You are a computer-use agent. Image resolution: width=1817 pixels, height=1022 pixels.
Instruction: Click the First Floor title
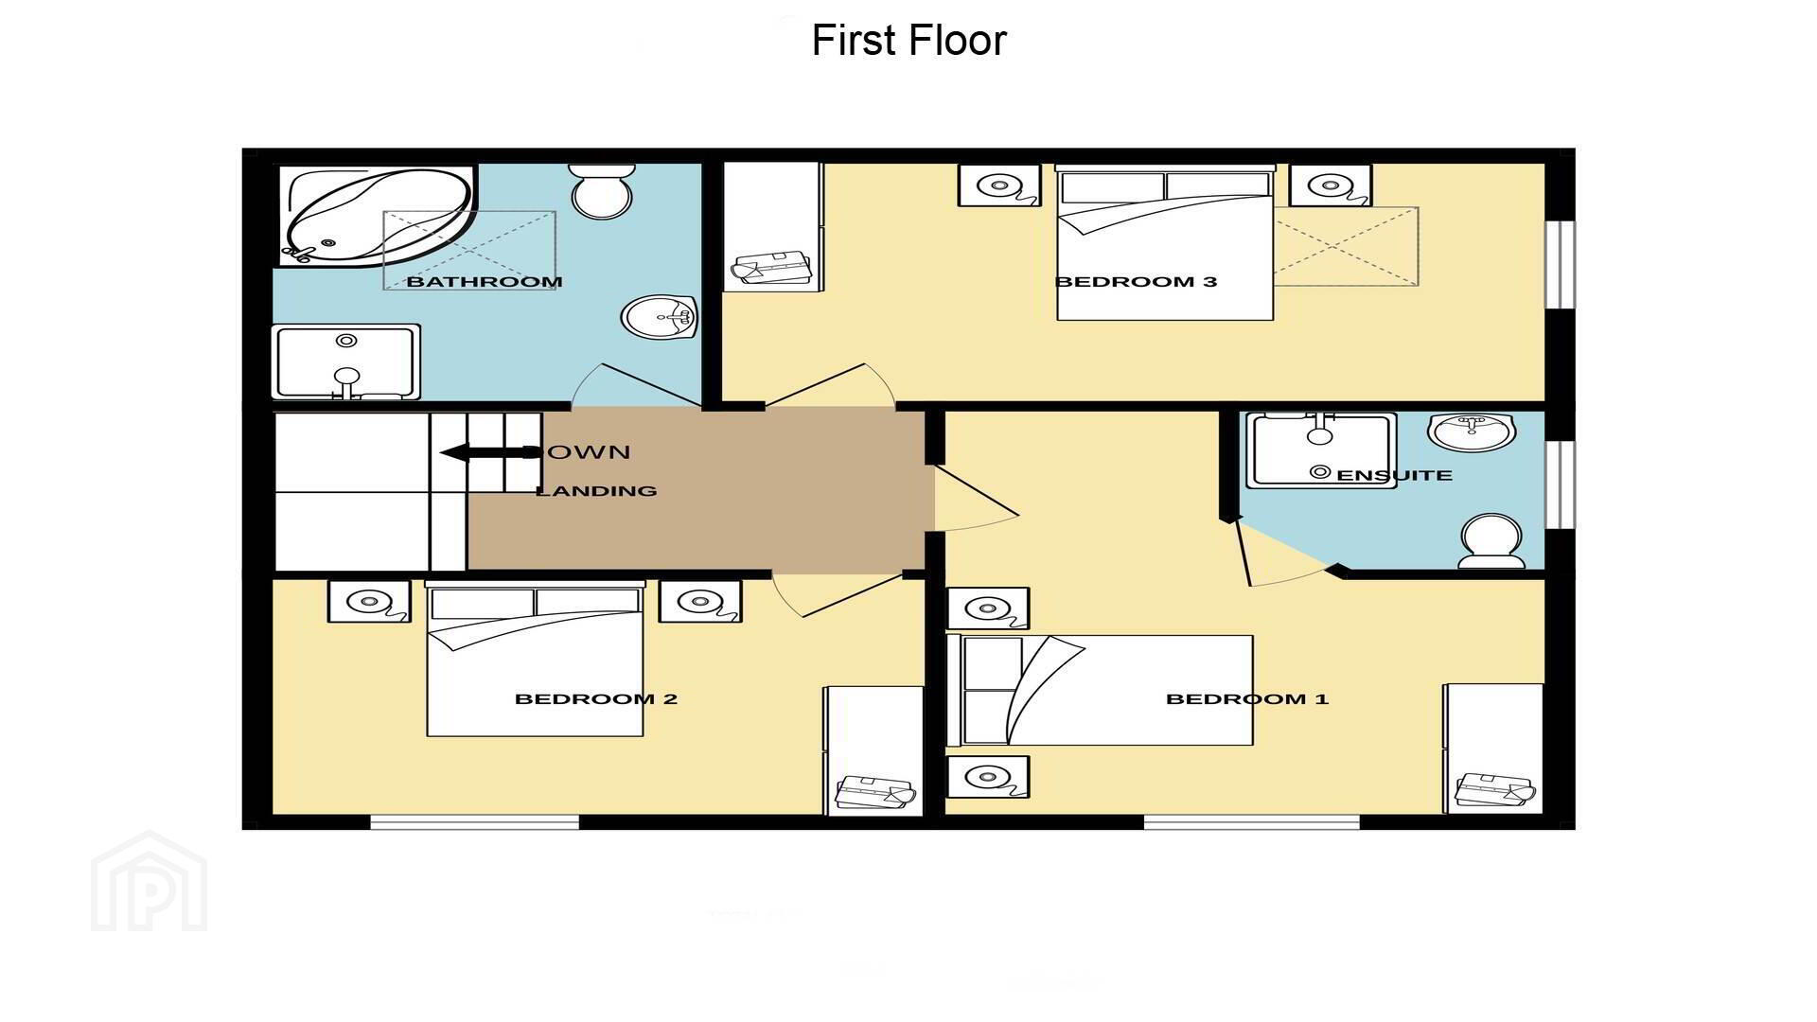pyautogui.click(x=908, y=41)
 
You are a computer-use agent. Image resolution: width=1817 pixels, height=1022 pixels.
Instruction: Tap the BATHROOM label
pyautogui.click(x=485, y=281)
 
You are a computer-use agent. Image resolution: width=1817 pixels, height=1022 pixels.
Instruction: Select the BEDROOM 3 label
pyautogui.click(x=1136, y=281)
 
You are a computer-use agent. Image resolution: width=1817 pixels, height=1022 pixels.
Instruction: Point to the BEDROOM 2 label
pyautogui.click(x=596, y=699)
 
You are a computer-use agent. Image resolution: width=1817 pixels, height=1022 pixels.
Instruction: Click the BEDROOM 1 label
pyautogui.click(x=1247, y=699)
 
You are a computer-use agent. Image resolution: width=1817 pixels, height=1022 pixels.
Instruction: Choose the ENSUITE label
pyautogui.click(x=1394, y=475)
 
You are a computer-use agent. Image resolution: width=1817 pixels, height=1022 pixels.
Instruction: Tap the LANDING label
pyautogui.click(x=596, y=490)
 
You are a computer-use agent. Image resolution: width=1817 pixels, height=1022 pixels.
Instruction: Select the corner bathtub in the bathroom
pyautogui.click(x=377, y=216)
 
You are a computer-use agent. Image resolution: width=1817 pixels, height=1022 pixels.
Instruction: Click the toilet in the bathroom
pyautogui.click(x=602, y=190)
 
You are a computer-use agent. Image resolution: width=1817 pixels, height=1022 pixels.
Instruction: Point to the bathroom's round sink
pyautogui.click(x=660, y=318)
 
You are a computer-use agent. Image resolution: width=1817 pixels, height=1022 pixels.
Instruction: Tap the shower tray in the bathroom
pyautogui.click(x=346, y=362)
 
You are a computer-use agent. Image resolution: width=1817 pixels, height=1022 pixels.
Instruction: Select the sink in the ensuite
pyautogui.click(x=1472, y=432)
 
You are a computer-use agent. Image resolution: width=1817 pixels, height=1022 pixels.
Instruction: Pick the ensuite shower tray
pyautogui.click(x=1321, y=450)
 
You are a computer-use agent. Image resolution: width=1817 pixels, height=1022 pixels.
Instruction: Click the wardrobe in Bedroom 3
pyautogui.click(x=773, y=227)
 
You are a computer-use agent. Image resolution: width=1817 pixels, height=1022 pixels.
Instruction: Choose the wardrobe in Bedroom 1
pyautogui.click(x=1493, y=749)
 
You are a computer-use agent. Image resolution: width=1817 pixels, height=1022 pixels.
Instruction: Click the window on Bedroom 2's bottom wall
pyautogui.click(x=474, y=822)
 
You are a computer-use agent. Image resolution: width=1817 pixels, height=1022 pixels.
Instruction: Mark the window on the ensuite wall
pyautogui.click(x=1560, y=484)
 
